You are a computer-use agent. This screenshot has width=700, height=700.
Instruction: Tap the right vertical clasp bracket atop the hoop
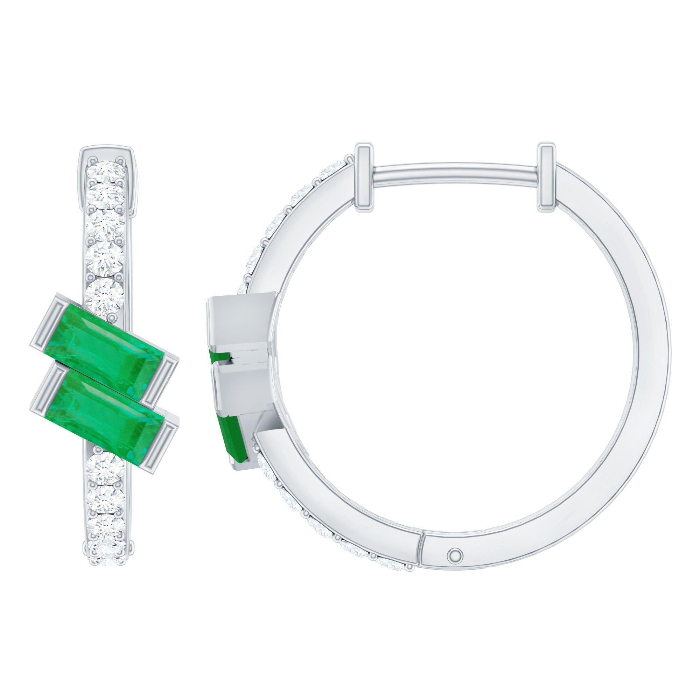coord(547,177)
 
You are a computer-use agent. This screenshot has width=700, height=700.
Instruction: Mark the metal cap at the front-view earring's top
coord(107,152)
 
